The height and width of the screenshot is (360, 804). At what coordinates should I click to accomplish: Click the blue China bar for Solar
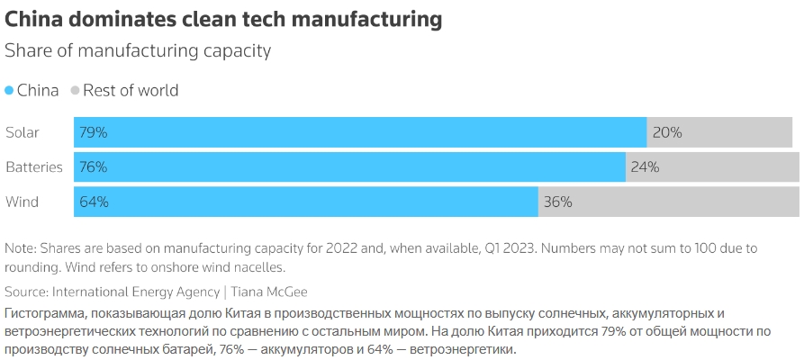360,132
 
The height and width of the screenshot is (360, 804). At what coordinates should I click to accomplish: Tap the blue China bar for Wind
306,202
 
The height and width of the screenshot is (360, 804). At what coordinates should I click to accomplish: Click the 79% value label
94,132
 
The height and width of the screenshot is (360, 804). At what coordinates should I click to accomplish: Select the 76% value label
94,166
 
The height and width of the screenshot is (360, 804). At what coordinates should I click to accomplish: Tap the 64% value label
94,202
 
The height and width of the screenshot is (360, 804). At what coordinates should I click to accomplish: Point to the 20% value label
667,132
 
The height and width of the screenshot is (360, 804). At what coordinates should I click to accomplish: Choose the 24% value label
646,166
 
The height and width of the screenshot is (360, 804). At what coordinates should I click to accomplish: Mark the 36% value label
558,202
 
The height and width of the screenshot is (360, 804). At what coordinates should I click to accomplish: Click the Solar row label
23,132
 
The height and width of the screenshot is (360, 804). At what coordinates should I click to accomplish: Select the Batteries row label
34,166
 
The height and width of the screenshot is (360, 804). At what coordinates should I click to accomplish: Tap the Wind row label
23,202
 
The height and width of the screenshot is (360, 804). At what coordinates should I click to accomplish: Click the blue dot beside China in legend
10,91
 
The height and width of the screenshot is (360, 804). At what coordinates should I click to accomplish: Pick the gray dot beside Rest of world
76,91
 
